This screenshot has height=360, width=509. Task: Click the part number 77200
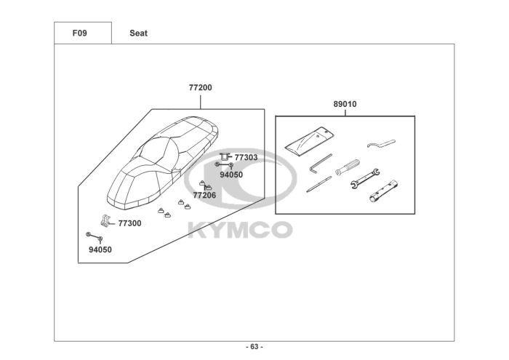tap(201, 87)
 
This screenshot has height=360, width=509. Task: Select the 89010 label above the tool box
tap(345, 104)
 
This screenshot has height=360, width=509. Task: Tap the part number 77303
tap(246, 157)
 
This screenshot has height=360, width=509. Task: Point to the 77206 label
tap(204, 195)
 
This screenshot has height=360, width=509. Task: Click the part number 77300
tap(129, 223)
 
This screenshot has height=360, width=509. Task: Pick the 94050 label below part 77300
tap(100, 249)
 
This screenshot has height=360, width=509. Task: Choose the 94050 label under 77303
tap(231, 175)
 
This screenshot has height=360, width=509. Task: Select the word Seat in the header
tap(138, 33)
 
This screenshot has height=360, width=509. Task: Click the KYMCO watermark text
tap(240, 230)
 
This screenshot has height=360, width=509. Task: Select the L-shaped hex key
tap(318, 167)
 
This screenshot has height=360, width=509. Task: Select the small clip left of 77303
tap(225, 156)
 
